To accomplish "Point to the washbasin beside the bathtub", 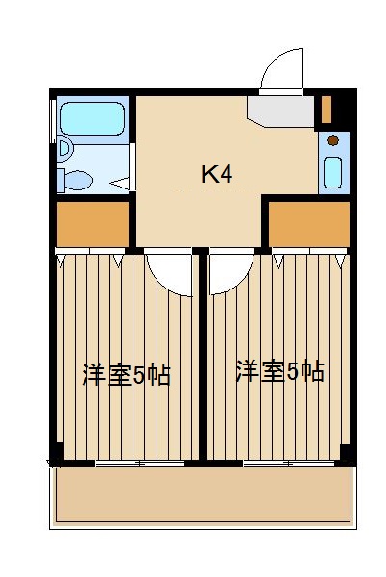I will coord(63,149).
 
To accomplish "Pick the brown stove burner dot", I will coord(333,140).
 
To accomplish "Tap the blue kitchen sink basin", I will coord(333,170).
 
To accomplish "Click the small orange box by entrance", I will coord(326,108).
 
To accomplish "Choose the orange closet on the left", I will coord(92,224).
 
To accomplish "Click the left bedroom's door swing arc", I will coord(171,271).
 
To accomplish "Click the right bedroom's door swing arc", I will coord(230,271).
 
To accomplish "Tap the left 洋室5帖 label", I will coord(126,375).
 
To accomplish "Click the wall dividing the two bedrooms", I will coord(203,356).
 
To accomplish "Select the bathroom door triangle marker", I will coord(121,182).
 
